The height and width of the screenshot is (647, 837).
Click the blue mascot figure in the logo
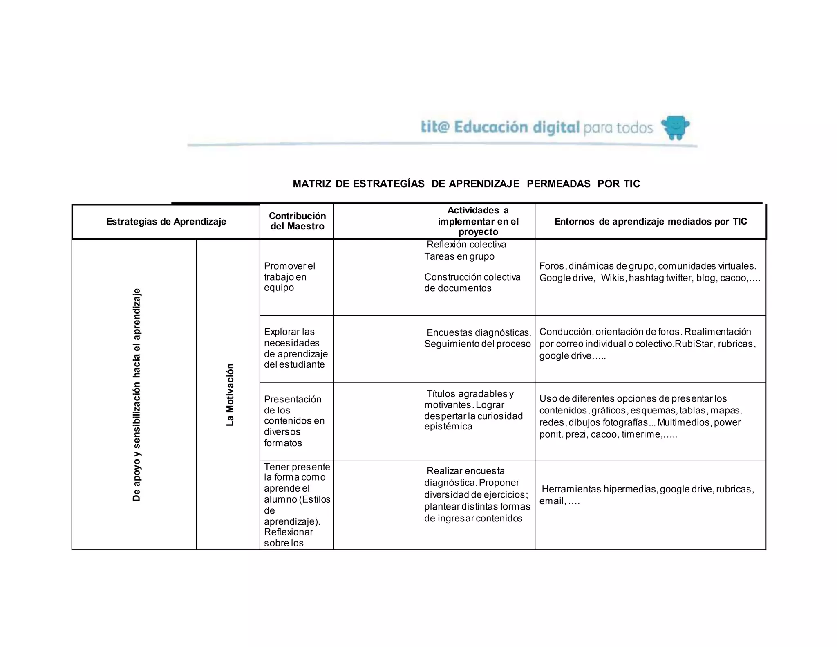[675, 127]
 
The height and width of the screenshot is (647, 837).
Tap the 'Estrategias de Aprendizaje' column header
[166, 222]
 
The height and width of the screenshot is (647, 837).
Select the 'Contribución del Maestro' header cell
[297, 221]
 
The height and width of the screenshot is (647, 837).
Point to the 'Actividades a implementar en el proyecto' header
[478, 221]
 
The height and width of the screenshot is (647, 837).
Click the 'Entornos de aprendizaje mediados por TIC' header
[650, 222]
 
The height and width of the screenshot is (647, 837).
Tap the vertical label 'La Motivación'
[230, 395]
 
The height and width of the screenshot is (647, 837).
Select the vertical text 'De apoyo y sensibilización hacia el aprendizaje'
[137, 395]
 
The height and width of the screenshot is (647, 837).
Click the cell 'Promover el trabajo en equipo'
[289, 277]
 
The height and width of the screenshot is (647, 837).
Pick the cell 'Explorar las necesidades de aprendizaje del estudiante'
[295, 348]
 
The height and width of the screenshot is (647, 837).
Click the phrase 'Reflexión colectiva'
[466, 245]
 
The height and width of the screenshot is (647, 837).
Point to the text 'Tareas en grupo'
[459, 256]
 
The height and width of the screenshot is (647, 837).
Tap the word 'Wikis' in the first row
[612, 278]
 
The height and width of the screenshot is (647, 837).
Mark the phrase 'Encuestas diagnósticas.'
[479, 332]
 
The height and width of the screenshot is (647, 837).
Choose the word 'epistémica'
[448, 427]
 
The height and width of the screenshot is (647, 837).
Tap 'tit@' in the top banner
[435, 127]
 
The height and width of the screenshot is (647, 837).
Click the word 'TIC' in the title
[631, 184]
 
